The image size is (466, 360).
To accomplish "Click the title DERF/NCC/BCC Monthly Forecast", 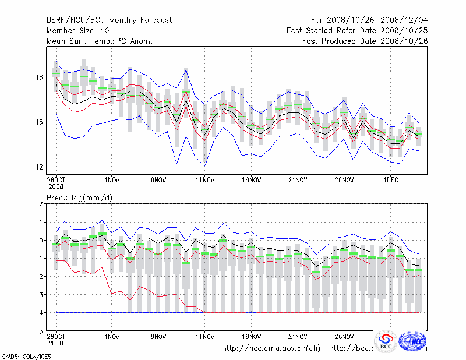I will [x=110, y=20].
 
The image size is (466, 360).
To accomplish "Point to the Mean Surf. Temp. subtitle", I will [x=100, y=41].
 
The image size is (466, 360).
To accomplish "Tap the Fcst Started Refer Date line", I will [x=357, y=30].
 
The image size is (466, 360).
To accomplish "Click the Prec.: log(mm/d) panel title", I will [x=80, y=198].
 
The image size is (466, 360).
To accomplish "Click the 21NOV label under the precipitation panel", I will [x=298, y=336].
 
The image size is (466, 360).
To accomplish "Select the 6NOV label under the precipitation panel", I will [x=158, y=336].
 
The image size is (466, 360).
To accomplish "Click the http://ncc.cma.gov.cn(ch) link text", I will [x=271, y=348].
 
